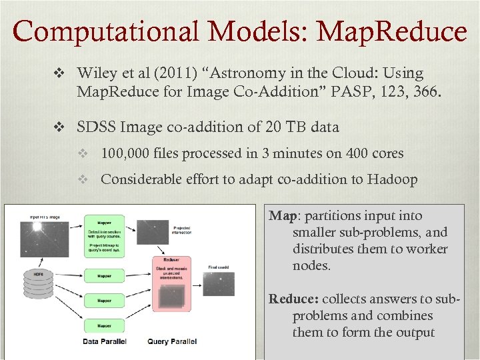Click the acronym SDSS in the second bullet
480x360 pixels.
(x=95, y=127)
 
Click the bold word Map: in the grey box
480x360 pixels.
(x=283, y=216)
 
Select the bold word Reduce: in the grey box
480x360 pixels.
(x=293, y=299)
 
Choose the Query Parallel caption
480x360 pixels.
(x=172, y=341)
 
